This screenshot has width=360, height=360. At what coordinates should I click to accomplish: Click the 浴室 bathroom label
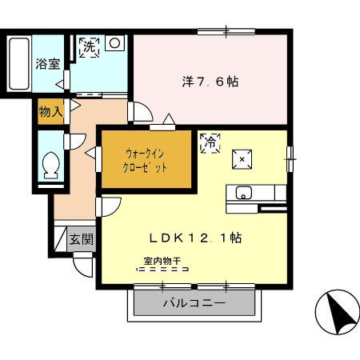coord(48,64)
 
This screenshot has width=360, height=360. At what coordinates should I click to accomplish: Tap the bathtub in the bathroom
coord(18,64)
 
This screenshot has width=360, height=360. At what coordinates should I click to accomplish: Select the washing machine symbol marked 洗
coord(89,47)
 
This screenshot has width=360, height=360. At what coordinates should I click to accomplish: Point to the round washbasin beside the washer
coord(114,43)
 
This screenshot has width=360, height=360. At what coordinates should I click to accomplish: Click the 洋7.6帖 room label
coord(210,82)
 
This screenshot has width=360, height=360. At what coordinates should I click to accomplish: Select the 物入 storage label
coord(50,111)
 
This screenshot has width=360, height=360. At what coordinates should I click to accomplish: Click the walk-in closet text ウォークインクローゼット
coord(145,161)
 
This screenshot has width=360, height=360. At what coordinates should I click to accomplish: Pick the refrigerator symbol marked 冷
coord(210,143)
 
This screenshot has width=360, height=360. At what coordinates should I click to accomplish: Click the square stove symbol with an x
coord(242,159)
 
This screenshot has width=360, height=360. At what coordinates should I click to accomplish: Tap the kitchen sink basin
coord(244,193)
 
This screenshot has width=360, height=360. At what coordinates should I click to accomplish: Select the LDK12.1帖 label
coord(195,238)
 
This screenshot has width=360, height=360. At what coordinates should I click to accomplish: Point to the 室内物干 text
coord(162,261)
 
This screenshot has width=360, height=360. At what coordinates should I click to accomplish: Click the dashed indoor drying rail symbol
coord(162,269)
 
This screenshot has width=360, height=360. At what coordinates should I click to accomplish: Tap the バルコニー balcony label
coord(194,303)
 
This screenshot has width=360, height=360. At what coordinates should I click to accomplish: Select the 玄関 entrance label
coord(82,239)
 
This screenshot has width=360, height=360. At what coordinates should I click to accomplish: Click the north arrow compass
coord(338,312)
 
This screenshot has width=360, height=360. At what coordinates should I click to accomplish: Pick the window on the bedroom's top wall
coord(226,32)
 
